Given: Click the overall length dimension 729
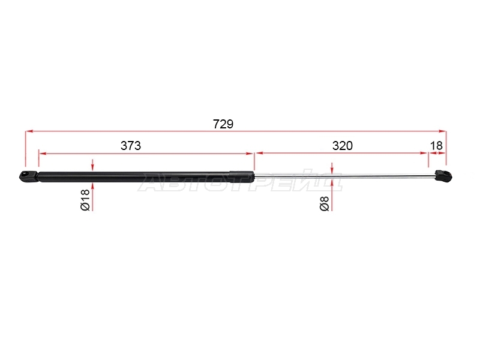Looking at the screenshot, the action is [x=223, y=124].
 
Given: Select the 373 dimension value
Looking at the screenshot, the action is [x=131, y=146].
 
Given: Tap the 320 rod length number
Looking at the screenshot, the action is [x=343, y=146].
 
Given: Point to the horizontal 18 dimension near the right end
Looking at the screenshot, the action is [x=436, y=146].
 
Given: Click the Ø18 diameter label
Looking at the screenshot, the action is [x=85, y=200].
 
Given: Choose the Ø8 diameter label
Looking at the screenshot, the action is [x=325, y=203].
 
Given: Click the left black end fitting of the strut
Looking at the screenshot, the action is [x=29, y=176].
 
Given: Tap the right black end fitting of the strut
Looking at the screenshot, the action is [x=444, y=175].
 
